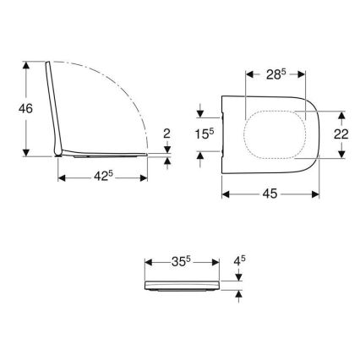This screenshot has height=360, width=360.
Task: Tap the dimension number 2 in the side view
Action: point(167,133)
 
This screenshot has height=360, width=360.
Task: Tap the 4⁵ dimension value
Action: point(239,261)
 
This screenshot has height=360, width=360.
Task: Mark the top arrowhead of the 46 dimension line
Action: point(30,63)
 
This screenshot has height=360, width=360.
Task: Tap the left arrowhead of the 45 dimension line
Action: point(225,193)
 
